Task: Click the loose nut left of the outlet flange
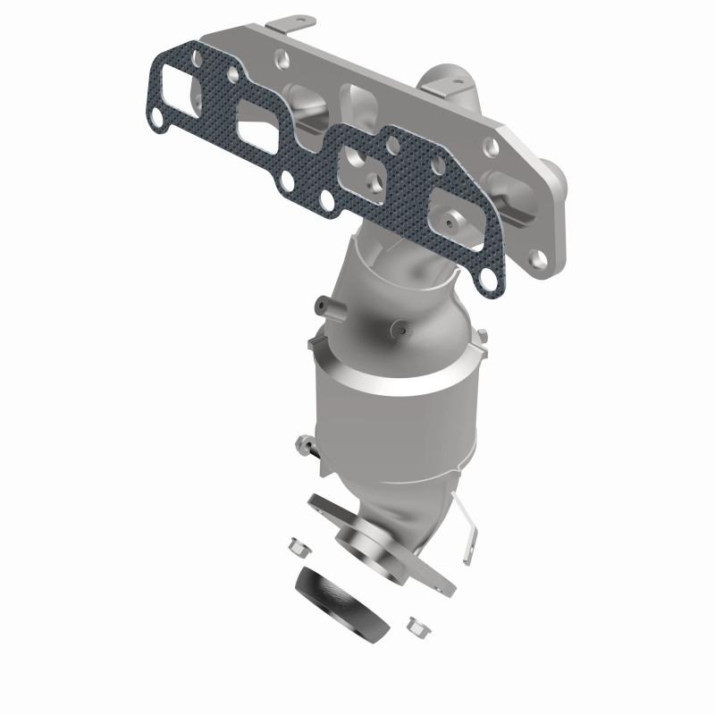[298, 543]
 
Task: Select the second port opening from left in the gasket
[260, 124]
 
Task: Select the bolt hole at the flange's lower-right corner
[538, 259]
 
